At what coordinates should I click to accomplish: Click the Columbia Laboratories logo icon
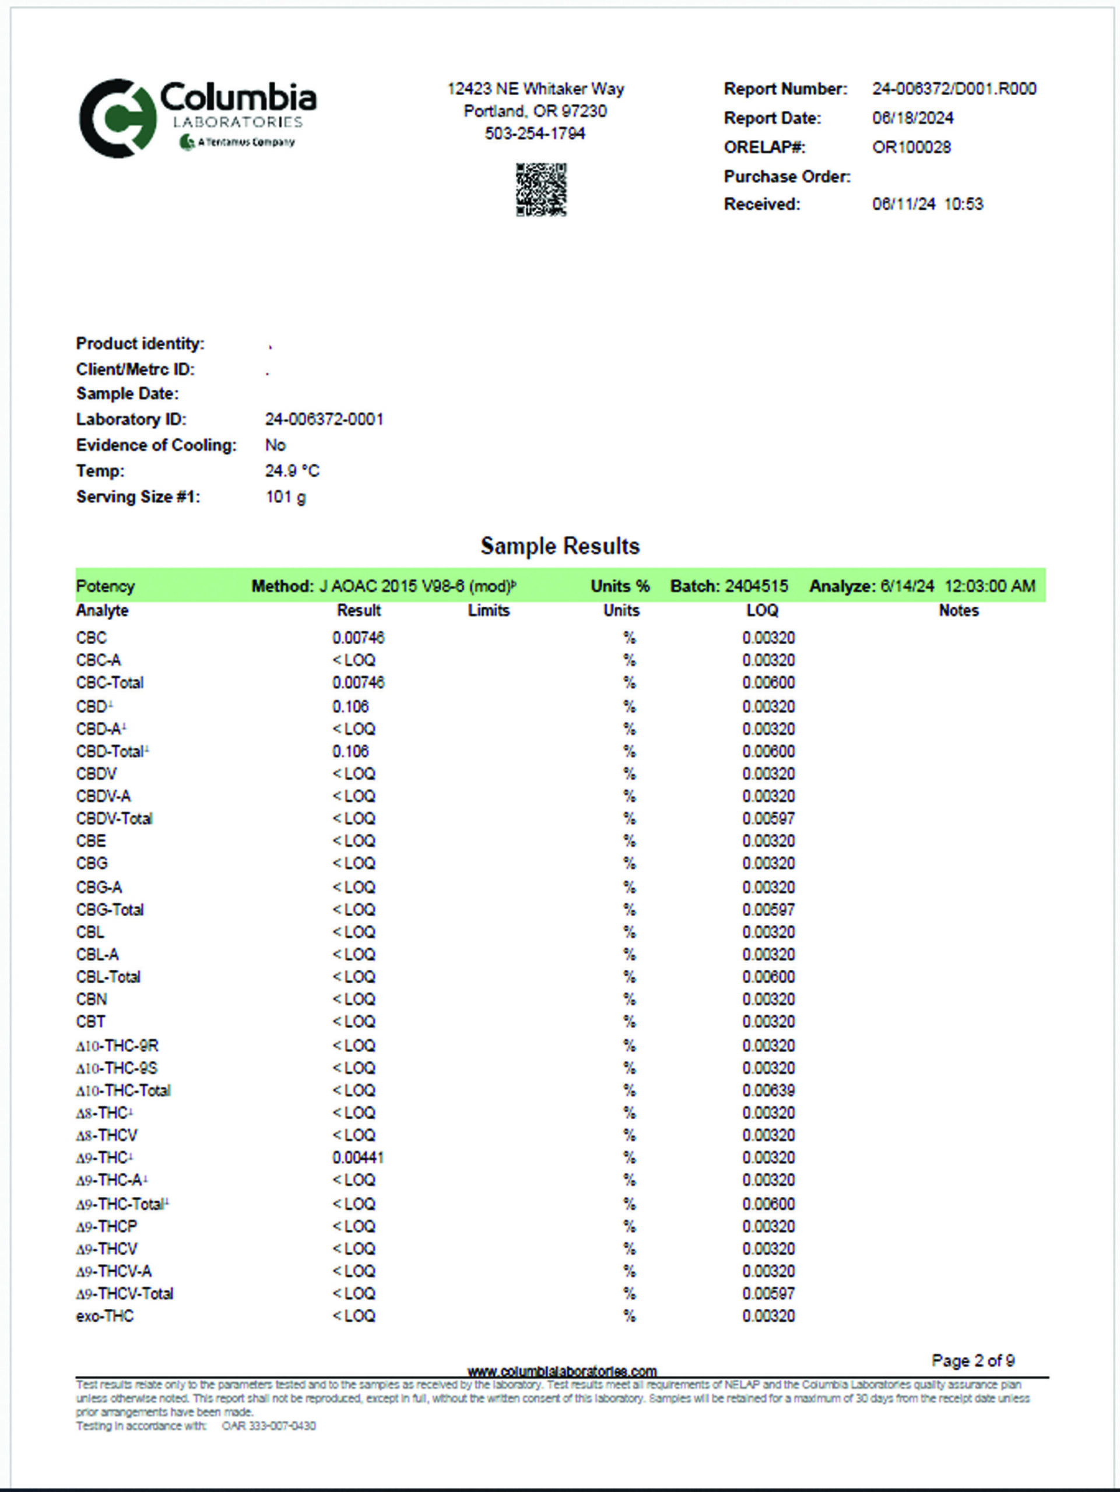[118, 118]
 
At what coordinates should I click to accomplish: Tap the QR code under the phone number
[541, 189]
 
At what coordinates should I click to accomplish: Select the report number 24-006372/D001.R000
[954, 89]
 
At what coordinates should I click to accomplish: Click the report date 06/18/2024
[912, 118]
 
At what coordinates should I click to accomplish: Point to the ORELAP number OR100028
[911, 147]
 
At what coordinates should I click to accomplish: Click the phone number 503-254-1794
[535, 133]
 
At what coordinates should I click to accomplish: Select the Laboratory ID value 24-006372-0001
[324, 420]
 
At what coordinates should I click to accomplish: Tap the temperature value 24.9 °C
[292, 471]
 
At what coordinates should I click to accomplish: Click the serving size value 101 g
[286, 497]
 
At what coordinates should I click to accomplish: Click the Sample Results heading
[560, 546]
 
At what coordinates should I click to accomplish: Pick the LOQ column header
[763, 610]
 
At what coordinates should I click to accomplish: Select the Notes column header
[958, 610]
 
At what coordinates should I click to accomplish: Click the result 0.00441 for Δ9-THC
[358, 1158]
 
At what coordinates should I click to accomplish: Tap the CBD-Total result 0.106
[351, 751]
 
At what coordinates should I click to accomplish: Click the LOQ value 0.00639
[768, 1090]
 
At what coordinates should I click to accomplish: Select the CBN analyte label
[92, 999]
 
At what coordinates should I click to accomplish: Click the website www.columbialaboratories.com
[562, 1371]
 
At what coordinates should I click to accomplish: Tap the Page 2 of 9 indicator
[973, 1360]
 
